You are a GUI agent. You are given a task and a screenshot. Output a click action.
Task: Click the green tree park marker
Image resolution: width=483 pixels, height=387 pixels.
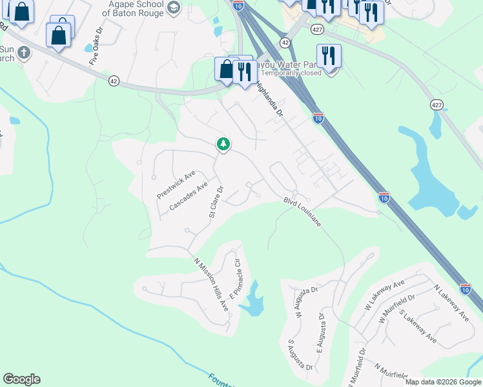pyautogui.click(x=223, y=143)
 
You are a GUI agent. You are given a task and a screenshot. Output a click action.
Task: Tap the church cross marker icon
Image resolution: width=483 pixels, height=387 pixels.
pyautogui.click(x=24, y=52)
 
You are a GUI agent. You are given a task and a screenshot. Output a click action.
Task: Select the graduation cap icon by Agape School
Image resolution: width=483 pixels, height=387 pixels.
pyautogui.click(x=173, y=7)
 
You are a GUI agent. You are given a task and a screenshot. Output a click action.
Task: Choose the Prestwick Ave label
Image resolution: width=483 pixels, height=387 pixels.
pyautogui.click(x=176, y=185)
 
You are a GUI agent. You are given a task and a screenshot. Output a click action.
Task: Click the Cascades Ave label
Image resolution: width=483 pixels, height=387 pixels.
pyautogui.click(x=188, y=195)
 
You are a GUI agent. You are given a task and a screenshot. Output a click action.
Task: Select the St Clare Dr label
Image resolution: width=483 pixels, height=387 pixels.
pyautogui.click(x=216, y=202)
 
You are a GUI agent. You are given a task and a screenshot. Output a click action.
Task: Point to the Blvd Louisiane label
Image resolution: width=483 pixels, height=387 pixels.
pyautogui.click(x=302, y=211)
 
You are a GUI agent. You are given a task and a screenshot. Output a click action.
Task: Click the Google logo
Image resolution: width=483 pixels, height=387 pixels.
pyautogui.click(x=21, y=379)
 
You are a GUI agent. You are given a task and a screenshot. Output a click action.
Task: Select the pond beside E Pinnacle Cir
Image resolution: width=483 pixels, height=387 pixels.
pyautogui.click(x=253, y=300)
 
